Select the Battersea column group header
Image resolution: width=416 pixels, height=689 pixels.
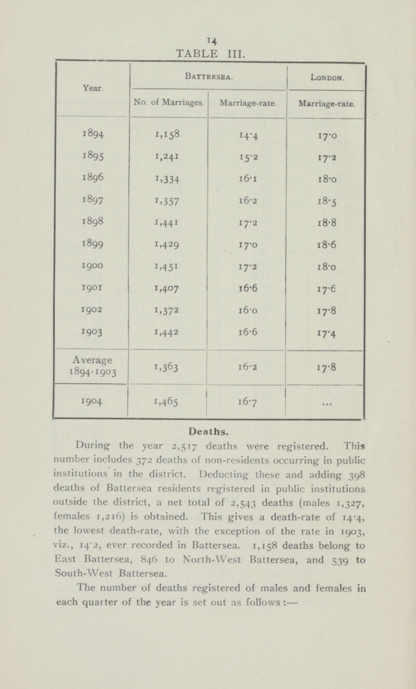[208, 76]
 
